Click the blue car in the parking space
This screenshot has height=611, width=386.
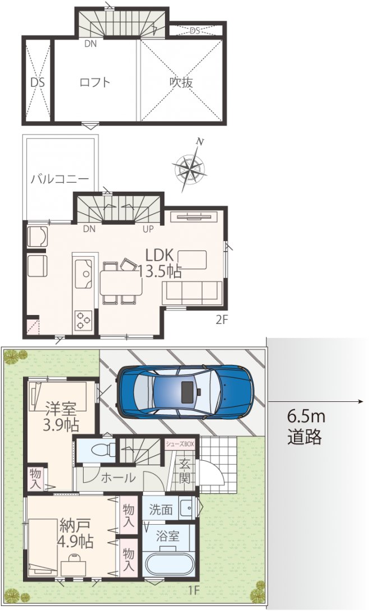point(186,392)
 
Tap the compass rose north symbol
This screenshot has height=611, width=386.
point(190,167)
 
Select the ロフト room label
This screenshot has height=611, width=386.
point(95,82)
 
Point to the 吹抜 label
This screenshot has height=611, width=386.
point(181,82)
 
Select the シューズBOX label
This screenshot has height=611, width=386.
point(180,443)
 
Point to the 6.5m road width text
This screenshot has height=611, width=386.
point(306,416)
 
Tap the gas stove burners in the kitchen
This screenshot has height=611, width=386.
point(83,320)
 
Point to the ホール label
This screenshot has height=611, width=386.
point(118,478)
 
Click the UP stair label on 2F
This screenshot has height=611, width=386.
point(148,229)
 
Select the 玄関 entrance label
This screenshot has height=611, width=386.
point(185,471)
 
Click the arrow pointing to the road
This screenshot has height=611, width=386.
point(316,402)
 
